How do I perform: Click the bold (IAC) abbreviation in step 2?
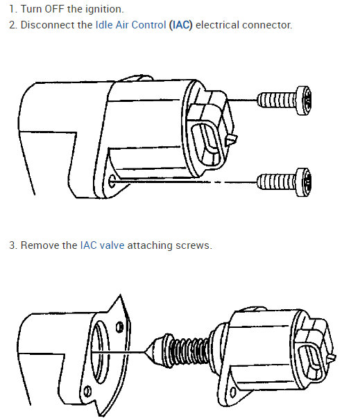[180, 25]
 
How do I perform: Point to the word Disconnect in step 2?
[45, 25]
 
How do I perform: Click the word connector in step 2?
[267, 25]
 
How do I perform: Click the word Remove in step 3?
[39, 245]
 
